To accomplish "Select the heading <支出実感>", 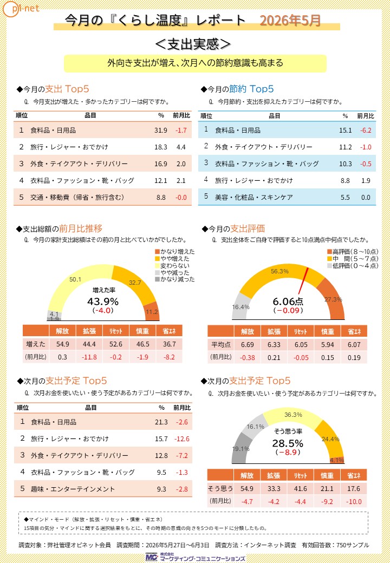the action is [x=193, y=44].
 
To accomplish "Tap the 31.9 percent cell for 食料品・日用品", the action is [x=161, y=130].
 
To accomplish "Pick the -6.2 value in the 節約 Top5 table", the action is [x=366, y=130].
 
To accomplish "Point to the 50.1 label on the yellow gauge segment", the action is [x=75, y=279].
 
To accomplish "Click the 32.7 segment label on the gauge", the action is [x=135, y=283].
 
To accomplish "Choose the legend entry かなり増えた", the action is [x=175, y=252].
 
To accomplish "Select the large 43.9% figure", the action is [x=103, y=302].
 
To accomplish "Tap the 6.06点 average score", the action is [x=288, y=301].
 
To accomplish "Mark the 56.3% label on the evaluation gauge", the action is [x=279, y=271].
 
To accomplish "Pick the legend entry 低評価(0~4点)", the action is [x=353, y=266].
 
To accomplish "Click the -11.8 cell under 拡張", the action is [x=89, y=357].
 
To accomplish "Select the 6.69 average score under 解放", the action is [x=248, y=345].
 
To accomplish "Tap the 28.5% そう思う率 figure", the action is [x=288, y=443].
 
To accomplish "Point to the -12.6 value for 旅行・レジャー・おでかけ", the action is [x=181, y=439].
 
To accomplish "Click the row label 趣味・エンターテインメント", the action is [x=73, y=489].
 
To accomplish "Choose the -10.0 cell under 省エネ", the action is [x=353, y=502].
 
